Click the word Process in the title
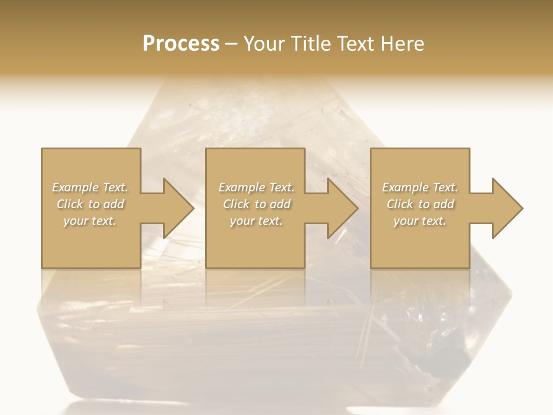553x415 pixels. point(181,44)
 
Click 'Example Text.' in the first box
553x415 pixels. point(90,187)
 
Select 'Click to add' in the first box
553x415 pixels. point(90,204)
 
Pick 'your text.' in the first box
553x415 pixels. point(90,221)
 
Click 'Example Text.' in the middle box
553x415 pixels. point(256,187)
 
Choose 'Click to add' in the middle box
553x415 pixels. point(256,204)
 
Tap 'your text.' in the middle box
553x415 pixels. point(256,221)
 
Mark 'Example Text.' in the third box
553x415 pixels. point(420,187)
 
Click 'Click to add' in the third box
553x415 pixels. point(420,204)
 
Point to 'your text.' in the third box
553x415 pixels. point(420,221)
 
